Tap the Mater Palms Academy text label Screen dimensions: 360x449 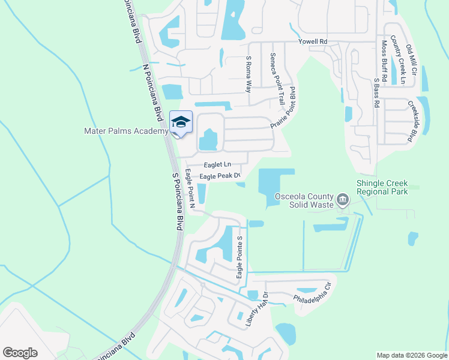tap(125, 131)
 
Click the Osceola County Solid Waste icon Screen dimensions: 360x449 tap(343, 199)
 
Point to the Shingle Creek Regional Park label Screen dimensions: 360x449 tap(382, 187)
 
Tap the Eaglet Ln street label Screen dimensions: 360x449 tap(217, 164)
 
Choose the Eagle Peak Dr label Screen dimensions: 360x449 tap(220, 176)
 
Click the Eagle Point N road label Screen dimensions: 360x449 tap(190, 188)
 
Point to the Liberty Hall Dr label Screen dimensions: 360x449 tap(255, 310)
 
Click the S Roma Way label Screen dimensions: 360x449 tap(249, 74)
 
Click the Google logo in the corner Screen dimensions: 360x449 tap(20, 352)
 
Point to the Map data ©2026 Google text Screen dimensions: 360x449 tap(412, 355)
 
